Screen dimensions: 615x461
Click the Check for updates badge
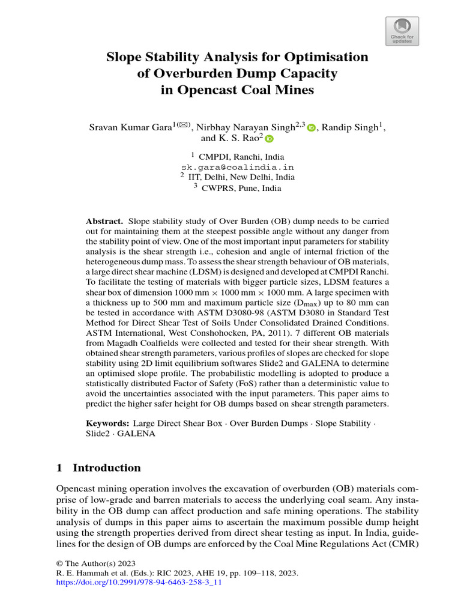pos(402,31)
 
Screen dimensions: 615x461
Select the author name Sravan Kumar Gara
pos(129,128)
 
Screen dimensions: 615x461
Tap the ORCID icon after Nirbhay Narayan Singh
pos(311,128)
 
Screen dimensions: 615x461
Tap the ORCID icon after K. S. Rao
pos(269,139)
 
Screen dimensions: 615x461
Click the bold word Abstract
pos(104,221)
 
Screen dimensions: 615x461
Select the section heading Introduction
pos(106,468)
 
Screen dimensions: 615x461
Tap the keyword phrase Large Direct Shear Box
pos(178,423)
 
